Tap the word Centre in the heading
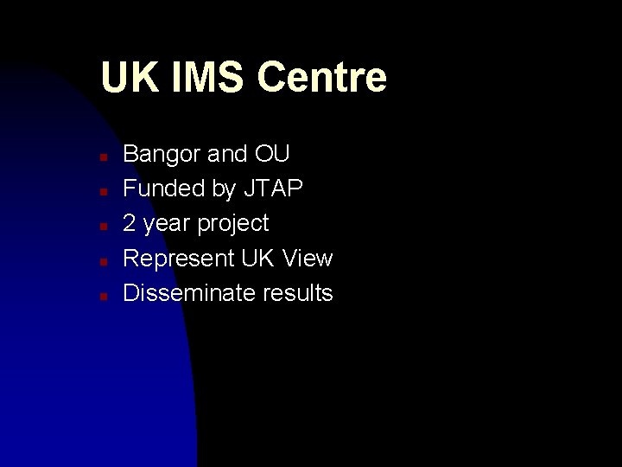321,77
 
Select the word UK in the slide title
130,77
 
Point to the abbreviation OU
272,154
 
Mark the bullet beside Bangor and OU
102,157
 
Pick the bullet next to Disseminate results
102,296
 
